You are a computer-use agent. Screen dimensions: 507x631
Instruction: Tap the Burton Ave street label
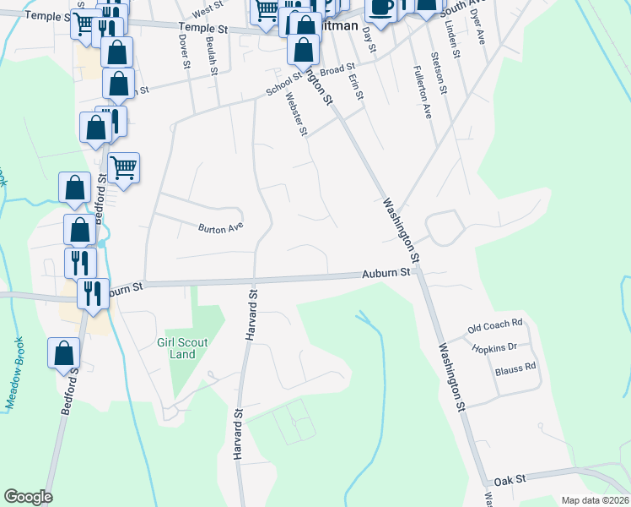(x=220, y=227)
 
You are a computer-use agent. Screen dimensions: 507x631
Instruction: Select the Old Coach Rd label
(x=496, y=324)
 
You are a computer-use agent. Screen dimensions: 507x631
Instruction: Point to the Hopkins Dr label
(x=494, y=346)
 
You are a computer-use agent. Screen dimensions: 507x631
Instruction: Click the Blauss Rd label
(x=514, y=368)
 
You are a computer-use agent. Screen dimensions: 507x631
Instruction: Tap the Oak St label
(x=510, y=478)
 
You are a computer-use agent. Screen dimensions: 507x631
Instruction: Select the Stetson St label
(x=436, y=73)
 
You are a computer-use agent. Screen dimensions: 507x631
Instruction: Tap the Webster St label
(x=296, y=113)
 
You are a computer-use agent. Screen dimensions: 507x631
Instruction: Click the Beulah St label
(x=214, y=60)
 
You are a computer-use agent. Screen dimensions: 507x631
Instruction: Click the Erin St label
(x=355, y=88)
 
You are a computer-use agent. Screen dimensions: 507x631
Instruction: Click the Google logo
(x=28, y=497)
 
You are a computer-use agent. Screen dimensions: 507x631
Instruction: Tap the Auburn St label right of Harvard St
(x=386, y=273)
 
